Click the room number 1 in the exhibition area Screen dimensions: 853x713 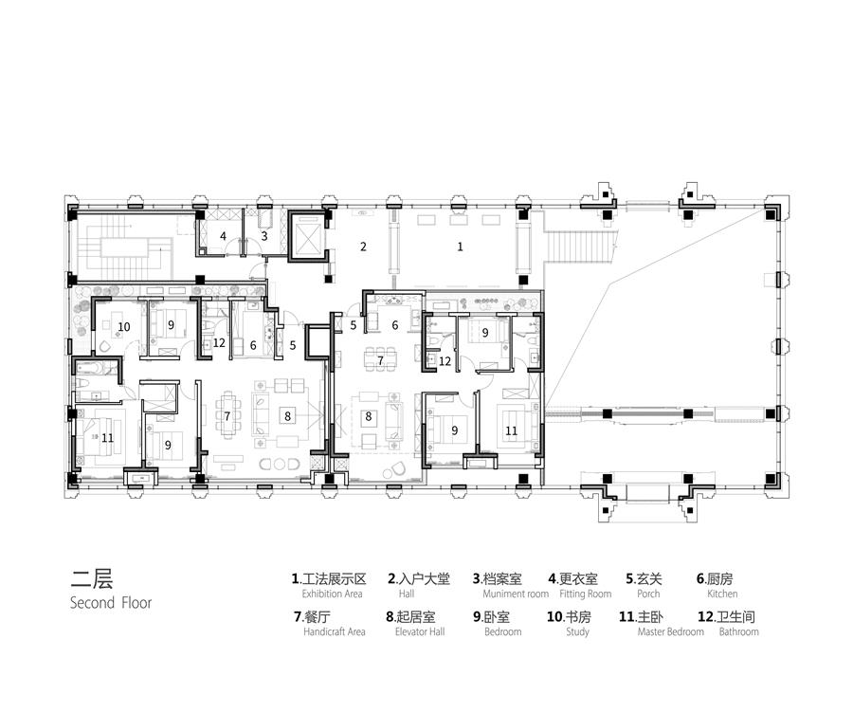[x=461, y=247]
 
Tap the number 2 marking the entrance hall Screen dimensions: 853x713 [x=363, y=247]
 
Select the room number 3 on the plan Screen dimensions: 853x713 [x=264, y=236]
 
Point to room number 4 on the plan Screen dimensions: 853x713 [x=223, y=236]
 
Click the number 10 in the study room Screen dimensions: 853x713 [x=124, y=326]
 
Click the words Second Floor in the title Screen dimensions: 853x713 [x=111, y=602]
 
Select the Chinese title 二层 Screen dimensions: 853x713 [x=91, y=578]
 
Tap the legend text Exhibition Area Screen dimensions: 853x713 [x=333, y=594]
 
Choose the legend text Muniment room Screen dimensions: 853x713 [x=516, y=594]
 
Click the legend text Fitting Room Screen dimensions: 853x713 [x=586, y=594]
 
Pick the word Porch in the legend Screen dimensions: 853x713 [x=648, y=594]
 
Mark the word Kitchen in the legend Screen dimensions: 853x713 [x=722, y=594]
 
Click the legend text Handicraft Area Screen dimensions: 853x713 [x=335, y=631]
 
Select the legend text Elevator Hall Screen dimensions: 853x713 [x=420, y=631]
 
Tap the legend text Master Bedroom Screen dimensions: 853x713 [x=671, y=631]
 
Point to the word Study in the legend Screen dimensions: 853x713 [x=578, y=631]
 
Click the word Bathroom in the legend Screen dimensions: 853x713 [x=738, y=631]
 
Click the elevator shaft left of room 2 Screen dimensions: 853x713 [x=307, y=237]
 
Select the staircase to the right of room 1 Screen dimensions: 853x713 [x=580, y=246]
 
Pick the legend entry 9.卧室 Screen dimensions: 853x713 [x=491, y=616]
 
